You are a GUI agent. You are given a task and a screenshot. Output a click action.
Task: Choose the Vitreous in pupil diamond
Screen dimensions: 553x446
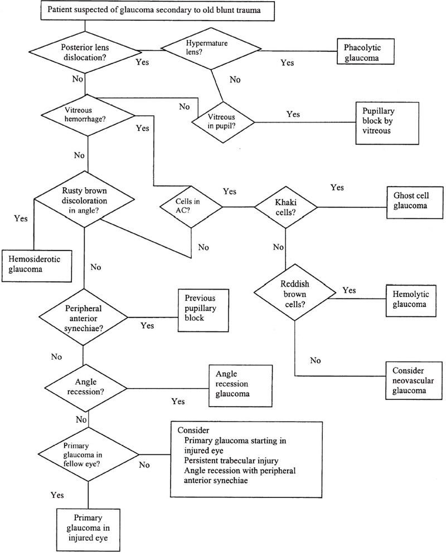click(224, 119)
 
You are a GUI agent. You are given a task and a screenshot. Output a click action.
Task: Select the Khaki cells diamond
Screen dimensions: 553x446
click(285, 207)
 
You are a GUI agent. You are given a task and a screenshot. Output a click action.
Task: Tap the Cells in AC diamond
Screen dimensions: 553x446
click(191, 207)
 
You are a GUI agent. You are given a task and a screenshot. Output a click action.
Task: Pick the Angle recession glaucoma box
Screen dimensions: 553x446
click(240, 385)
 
